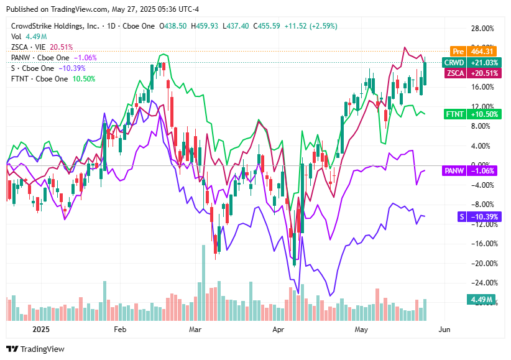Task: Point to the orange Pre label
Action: coord(458,52)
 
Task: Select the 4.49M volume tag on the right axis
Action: coord(482,300)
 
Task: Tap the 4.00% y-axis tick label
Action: coord(483,146)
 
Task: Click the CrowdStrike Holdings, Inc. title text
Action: coord(55,26)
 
